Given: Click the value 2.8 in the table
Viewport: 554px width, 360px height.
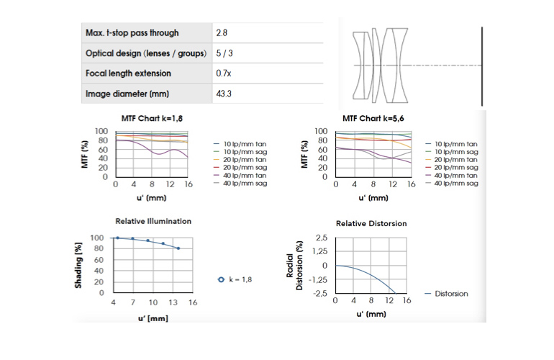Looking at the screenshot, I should (x=222, y=33).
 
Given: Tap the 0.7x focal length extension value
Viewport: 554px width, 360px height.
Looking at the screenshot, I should (x=223, y=73).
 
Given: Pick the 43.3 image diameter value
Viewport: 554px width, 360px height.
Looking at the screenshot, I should (x=224, y=94).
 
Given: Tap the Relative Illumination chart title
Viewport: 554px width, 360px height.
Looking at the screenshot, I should (x=153, y=221).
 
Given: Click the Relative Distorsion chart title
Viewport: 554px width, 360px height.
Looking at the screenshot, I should (x=371, y=223).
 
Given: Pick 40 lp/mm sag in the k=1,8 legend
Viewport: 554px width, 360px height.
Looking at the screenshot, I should (x=241, y=184).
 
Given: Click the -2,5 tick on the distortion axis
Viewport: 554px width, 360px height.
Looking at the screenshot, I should (x=319, y=293).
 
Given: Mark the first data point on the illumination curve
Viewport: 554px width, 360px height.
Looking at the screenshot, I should (x=117, y=238).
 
